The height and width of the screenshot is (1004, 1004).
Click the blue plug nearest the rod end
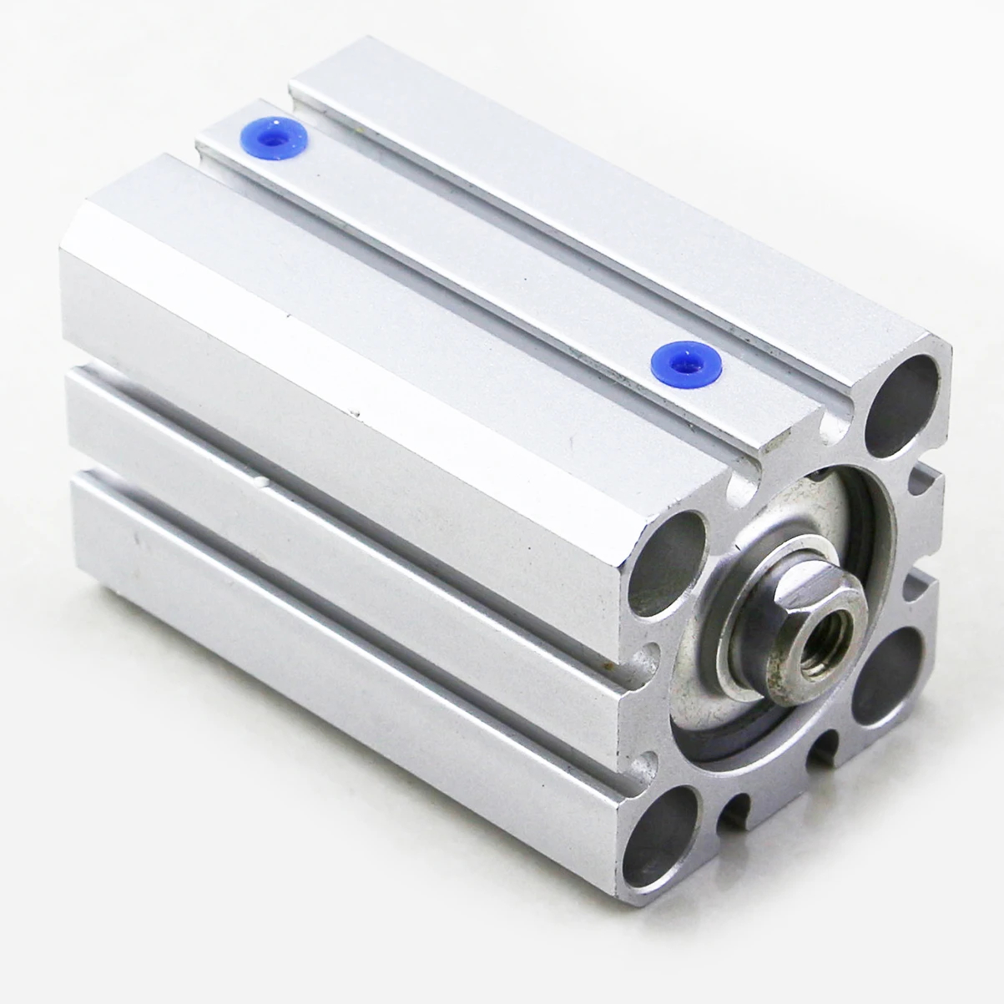pos(674,360)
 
